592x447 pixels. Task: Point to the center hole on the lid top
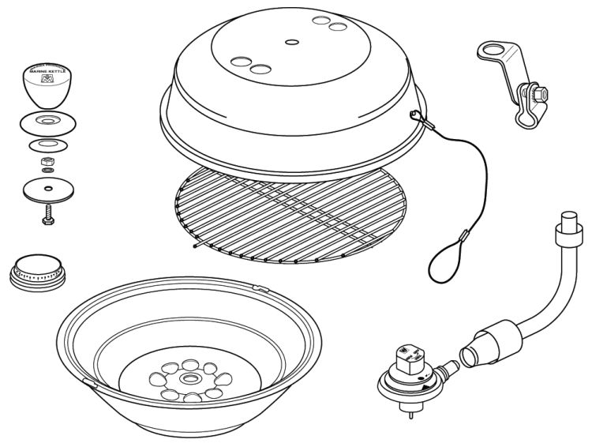point(292,41)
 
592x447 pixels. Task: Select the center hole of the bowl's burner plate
point(191,379)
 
